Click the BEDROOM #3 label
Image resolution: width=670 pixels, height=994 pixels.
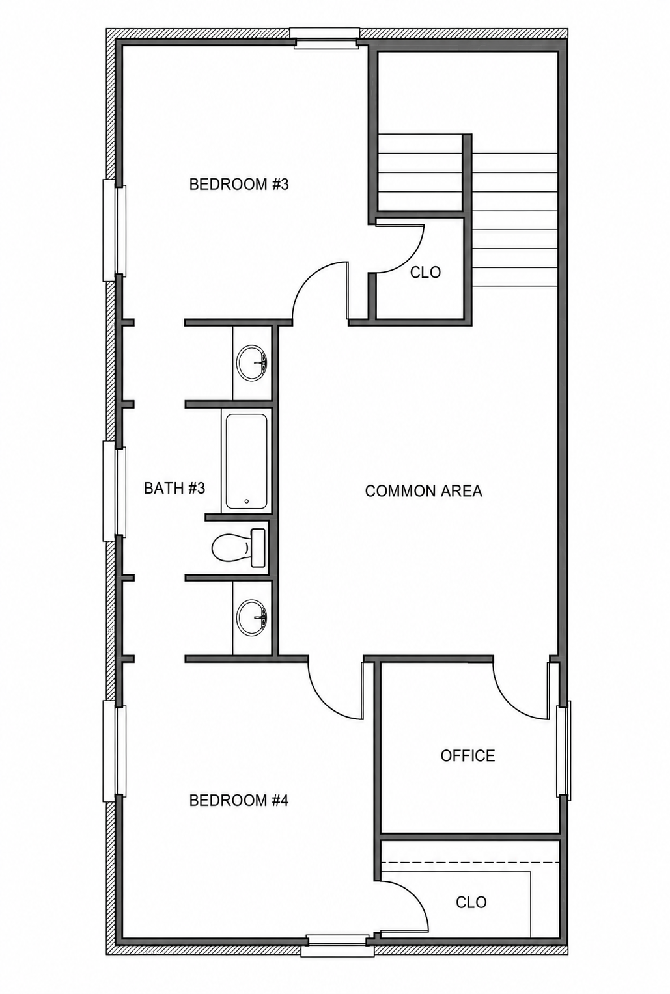[239, 184]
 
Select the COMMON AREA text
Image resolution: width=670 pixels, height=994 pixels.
[423, 490]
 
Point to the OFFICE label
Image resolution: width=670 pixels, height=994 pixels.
[468, 756]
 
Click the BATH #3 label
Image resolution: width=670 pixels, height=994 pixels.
[174, 488]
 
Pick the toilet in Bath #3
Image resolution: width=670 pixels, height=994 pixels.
[239, 548]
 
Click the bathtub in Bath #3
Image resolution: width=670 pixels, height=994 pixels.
[247, 461]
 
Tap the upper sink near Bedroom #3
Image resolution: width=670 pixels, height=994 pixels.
[251, 362]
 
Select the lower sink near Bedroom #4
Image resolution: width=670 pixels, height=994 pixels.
[251, 617]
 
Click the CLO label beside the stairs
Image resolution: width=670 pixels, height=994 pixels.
[425, 273]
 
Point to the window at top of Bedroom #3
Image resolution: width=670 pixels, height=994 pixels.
[324, 38]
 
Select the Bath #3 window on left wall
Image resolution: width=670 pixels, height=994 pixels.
[115, 490]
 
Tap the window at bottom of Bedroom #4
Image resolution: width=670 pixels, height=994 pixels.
[338, 945]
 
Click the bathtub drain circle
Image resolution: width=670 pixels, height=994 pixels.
[247, 502]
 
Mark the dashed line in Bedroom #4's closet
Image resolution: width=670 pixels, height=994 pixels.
[469, 862]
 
